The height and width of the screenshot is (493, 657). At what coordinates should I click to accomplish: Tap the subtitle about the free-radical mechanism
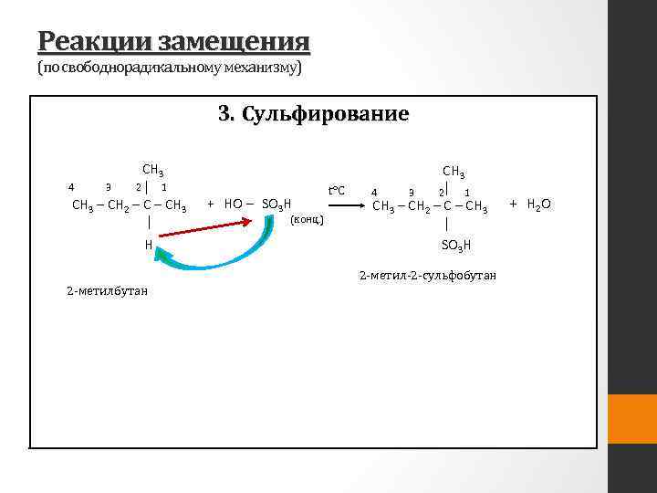(169, 68)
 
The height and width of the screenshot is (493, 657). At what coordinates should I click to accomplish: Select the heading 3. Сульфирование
(313, 114)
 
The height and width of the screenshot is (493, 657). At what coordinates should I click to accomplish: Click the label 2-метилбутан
(107, 290)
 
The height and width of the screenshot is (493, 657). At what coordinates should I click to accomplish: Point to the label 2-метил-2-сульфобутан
(428, 275)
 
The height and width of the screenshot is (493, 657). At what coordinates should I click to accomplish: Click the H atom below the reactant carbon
(148, 245)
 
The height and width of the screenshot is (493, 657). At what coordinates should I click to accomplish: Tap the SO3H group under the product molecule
(454, 245)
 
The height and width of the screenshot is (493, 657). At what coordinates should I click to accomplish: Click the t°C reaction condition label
(336, 190)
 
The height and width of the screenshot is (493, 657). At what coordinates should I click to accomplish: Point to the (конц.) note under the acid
(306, 219)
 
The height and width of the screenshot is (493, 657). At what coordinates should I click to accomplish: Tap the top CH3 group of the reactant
(152, 170)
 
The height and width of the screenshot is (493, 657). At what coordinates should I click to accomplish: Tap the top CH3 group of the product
(454, 172)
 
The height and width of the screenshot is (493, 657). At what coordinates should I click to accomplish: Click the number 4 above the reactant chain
(71, 187)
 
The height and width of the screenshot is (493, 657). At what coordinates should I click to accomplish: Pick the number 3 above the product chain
(412, 192)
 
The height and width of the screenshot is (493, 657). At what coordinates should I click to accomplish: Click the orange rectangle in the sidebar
(632, 420)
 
